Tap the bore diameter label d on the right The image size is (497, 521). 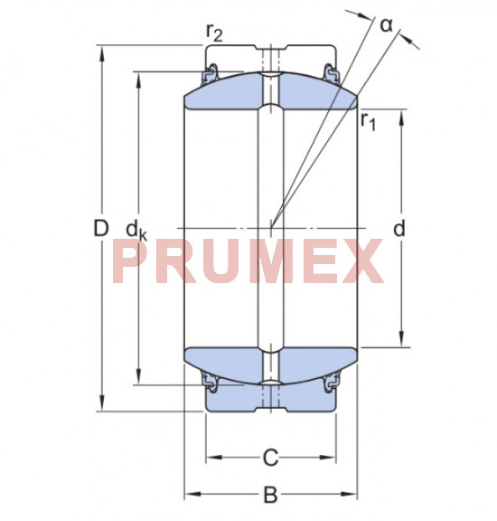[399, 229]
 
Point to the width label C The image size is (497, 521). [269, 459]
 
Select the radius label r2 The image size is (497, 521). [215, 33]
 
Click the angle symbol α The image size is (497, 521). [386, 24]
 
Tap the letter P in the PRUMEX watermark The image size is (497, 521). [131, 262]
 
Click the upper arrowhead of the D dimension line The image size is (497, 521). [101, 51]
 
